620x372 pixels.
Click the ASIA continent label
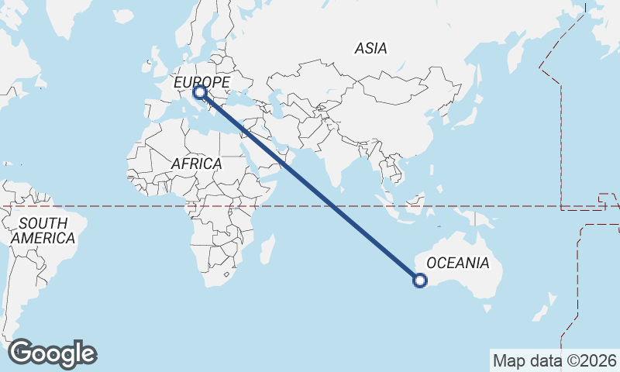[370, 48]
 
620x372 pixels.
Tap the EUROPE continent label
[201, 81]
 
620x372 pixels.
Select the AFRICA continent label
[196, 164]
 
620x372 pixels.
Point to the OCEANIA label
[457, 263]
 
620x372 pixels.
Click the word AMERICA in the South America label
[43, 239]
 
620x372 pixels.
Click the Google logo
[52, 353]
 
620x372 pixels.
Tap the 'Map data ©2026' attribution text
[555, 360]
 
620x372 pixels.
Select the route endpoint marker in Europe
[201, 93]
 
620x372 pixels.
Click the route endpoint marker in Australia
[420, 281]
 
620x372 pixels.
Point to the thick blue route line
[310, 187]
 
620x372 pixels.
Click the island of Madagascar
[267, 250]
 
